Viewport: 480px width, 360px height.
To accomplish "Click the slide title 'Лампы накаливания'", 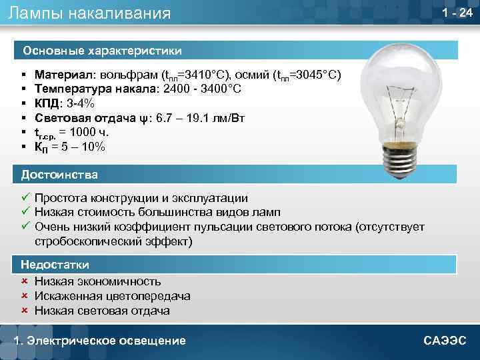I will click(90, 13).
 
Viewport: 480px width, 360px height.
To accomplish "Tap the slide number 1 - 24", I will click(457, 13).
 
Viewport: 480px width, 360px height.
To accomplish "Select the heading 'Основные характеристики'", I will click(102, 50).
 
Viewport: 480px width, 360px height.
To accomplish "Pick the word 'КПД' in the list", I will click(48, 103).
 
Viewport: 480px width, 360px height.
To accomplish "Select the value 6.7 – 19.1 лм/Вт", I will click(201, 118).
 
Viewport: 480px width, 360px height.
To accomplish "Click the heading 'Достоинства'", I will click(59, 175).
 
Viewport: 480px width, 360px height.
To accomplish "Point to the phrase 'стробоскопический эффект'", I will click(113, 241).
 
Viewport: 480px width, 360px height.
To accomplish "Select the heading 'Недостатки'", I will click(55, 265).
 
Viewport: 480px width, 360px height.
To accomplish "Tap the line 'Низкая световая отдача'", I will click(102, 311).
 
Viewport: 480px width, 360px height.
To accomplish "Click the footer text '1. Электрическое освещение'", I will click(100, 341).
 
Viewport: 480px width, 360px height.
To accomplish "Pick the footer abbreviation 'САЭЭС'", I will click(445, 341).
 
